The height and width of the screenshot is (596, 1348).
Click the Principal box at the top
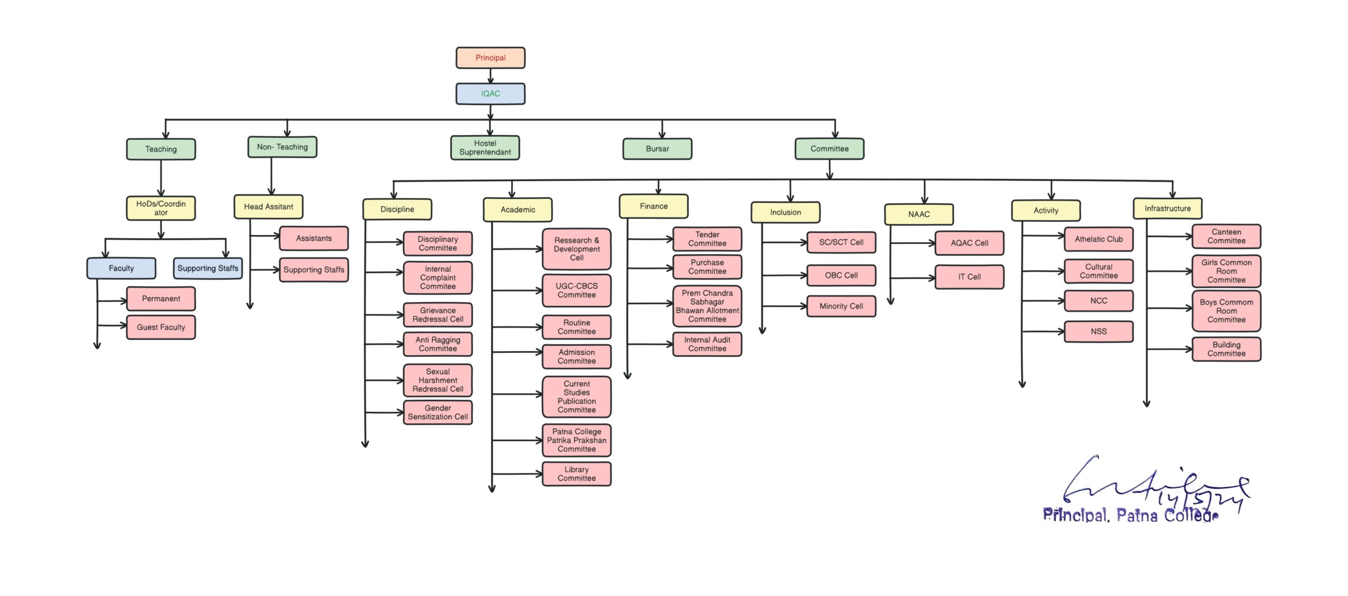pyautogui.click(x=490, y=58)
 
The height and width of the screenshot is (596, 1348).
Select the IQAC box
pyautogui.click(x=490, y=94)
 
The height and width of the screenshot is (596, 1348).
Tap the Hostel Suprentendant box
pyautogui.click(x=484, y=148)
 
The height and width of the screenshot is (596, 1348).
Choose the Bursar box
pyautogui.click(x=657, y=149)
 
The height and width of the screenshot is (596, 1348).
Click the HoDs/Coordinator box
pyautogui.click(x=161, y=208)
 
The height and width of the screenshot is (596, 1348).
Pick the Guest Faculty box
pyautogui.click(x=161, y=327)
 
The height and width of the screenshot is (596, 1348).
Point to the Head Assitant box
pyautogui.click(x=268, y=207)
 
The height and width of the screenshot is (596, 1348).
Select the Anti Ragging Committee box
pyautogui.click(x=437, y=344)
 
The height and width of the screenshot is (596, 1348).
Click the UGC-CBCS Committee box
pyautogui.click(x=576, y=291)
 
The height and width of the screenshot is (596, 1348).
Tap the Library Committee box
pyautogui.click(x=576, y=474)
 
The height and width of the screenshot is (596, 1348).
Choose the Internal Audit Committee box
pyautogui.click(x=707, y=344)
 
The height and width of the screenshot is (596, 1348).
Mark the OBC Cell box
pyautogui.click(x=841, y=275)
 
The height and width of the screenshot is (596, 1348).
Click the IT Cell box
pyautogui.click(x=969, y=277)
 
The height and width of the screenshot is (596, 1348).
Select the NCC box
pyautogui.click(x=1098, y=301)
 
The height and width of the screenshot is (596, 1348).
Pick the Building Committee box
pyautogui.click(x=1226, y=349)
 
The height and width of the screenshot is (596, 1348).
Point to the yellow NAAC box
pyautogui.click(x=918, y=214)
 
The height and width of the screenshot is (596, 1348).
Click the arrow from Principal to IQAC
pyautogui.click(x=490, y=76)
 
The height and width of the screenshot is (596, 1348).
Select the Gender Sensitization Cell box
pyautogui.click(x=437, y=412)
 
